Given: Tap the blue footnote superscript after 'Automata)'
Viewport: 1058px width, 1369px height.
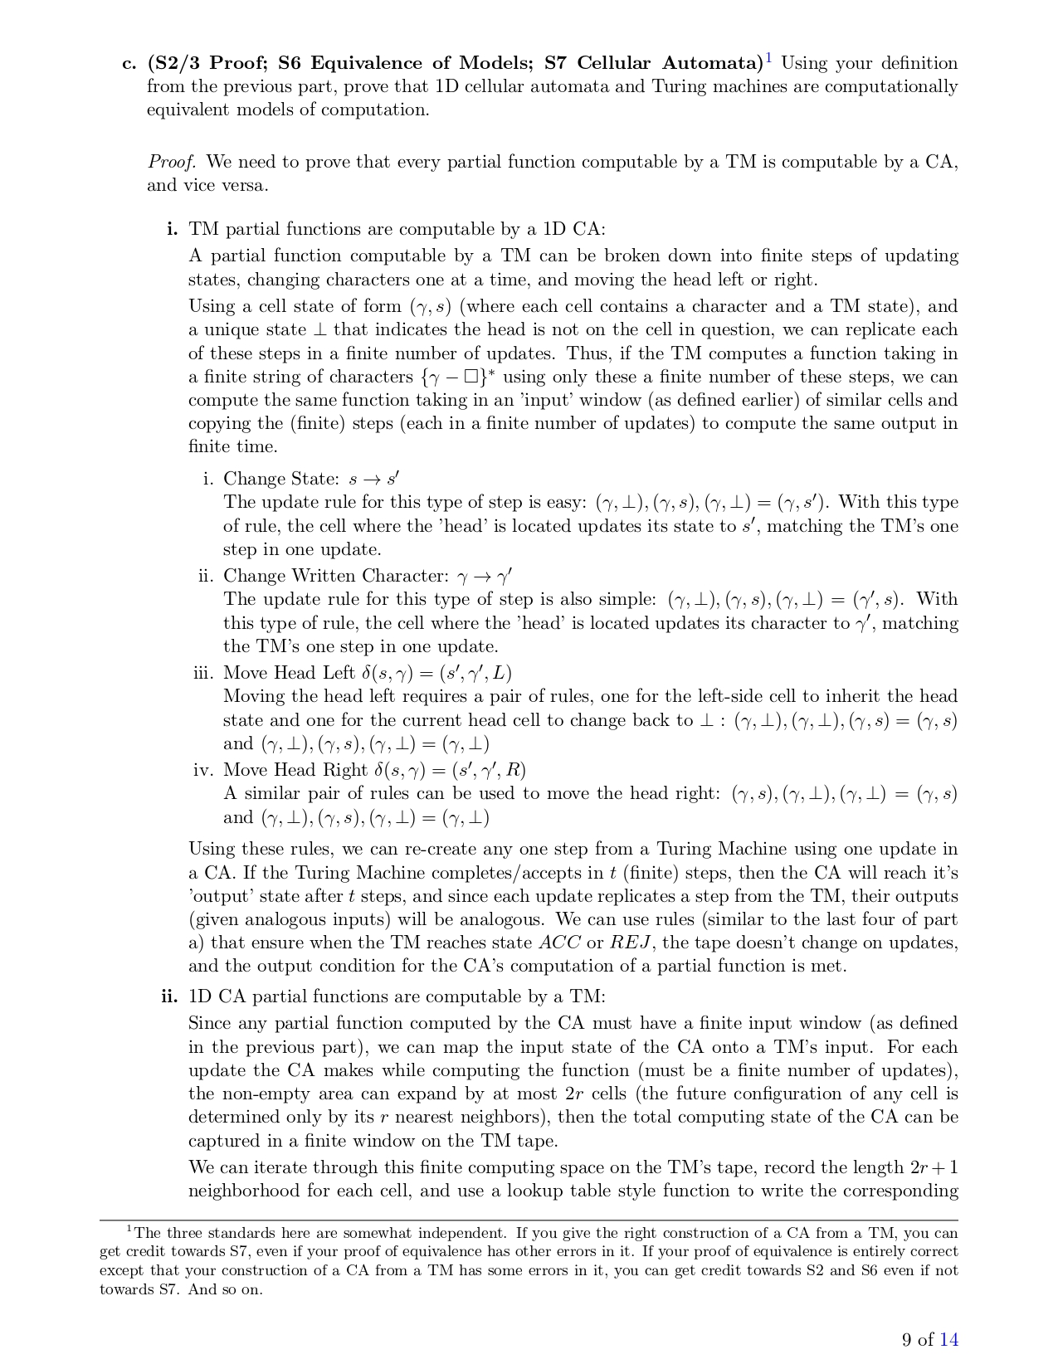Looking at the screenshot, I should coord(769,59).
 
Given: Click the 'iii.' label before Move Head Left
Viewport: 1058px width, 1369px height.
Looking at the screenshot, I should coord(203,673).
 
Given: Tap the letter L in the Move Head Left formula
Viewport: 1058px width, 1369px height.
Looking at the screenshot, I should coord(505,673).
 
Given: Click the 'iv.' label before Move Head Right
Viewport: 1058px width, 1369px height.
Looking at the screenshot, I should coord(203,770).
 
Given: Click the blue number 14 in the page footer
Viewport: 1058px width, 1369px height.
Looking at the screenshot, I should coord(948,1339).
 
